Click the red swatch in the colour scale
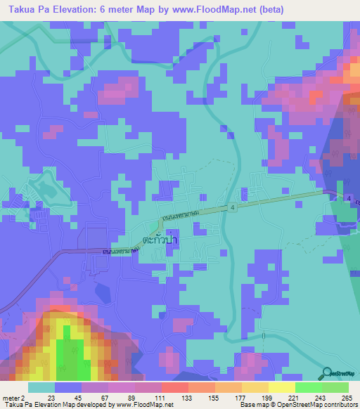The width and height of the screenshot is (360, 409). click(x=174, y=387)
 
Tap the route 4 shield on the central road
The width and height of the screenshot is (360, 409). click(x=231, y=207)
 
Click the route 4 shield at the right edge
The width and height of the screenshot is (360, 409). click(x=349, y=199)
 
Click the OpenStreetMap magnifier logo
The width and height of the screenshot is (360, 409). click(x=327, y=372)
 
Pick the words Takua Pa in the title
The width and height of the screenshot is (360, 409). click(x=27, y=11)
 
